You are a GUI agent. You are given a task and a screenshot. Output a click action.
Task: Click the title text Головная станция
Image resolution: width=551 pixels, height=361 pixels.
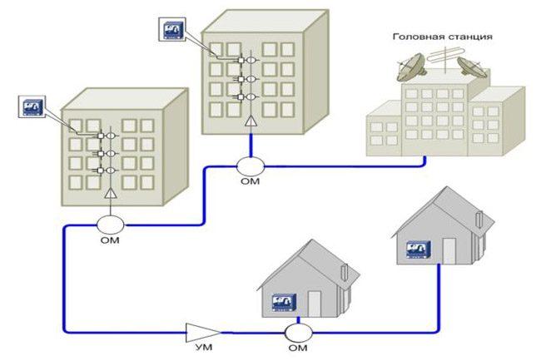441,37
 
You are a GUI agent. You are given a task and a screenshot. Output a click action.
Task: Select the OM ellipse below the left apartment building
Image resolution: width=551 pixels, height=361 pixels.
111,224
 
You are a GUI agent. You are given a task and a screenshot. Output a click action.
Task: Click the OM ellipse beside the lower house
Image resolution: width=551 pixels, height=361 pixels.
298,332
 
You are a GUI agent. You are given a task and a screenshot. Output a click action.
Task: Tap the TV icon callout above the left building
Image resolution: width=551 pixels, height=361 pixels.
31,107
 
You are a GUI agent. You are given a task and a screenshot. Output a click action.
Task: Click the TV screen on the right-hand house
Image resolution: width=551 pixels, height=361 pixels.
416,249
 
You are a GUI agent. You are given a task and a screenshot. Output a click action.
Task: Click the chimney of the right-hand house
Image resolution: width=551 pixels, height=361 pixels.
479,219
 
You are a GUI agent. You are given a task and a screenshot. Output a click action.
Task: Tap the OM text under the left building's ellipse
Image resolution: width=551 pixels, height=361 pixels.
111,240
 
